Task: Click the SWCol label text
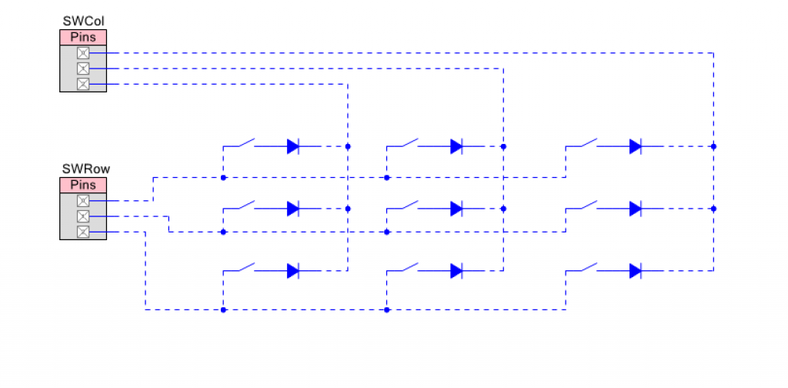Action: click(x=83, y=21)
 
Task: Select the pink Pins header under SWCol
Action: click(x=83, y=37)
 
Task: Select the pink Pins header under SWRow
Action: click(x=83, y=185)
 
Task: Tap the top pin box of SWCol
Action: click(x=83, y=53)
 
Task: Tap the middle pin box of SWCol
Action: click(x=83, y=69)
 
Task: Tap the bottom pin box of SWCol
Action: click(x=83, y=84)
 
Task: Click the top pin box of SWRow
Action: click(x=83, y=200)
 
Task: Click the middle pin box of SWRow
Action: click(x=83, y=216)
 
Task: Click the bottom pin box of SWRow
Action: click(x=83, y=232)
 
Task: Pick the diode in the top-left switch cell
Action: click(x=293, y=146)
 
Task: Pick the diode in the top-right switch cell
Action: click(x=636, y=146)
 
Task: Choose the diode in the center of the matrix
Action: click(x=457, y=208)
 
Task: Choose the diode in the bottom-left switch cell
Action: click(x=293, y=271)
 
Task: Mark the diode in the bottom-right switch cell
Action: click(x=636, y=271)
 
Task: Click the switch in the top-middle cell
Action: click(x=410, y=142)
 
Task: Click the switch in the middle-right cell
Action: click(x=589, y=205)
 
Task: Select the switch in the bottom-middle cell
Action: click(x=410, y=267)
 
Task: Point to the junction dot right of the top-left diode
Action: click(x=348, y=146)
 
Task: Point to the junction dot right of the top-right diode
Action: click(x=713, y=146)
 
